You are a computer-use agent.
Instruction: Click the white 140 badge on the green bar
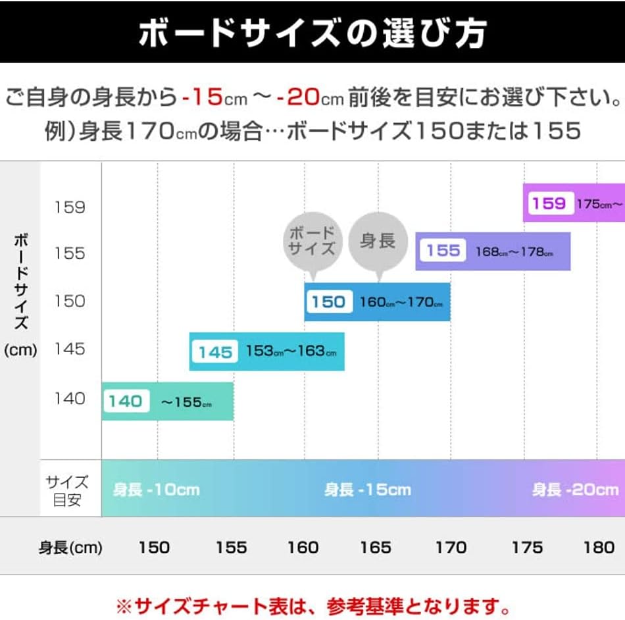click(126, 401)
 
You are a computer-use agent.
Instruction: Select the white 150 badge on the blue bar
click(328, 302)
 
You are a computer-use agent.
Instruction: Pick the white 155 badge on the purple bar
click(443, 251)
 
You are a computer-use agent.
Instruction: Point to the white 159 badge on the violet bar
click(549, 203)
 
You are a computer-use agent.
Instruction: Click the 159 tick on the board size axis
click(70, 207)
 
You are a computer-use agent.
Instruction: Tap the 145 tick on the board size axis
click(70, 349)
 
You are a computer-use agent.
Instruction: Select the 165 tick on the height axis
click(376, 548)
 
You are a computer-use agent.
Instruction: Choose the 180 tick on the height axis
click(599, 548)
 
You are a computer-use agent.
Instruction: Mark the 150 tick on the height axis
click(154, 548)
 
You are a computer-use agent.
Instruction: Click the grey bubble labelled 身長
click(378, 242)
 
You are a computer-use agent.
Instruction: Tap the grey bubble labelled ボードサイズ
click(312, 240)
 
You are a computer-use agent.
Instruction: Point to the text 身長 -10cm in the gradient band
click(156, 490)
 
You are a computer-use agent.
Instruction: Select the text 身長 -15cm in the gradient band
click(367, 490)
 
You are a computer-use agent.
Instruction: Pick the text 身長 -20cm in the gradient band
click(575, 490)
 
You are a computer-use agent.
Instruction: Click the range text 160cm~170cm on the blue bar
click(401, 303)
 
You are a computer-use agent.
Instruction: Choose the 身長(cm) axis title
click(70, 548)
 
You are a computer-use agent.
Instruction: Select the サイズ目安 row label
click(67, 490)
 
